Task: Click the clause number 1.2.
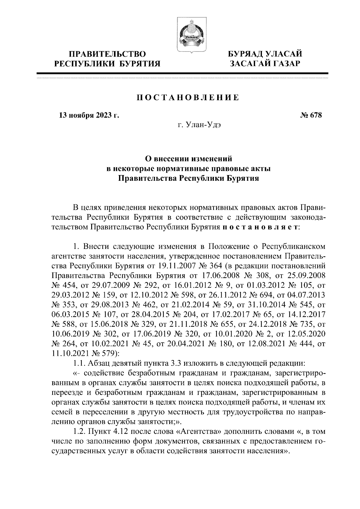pyautogui.click(x=80, y=432)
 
